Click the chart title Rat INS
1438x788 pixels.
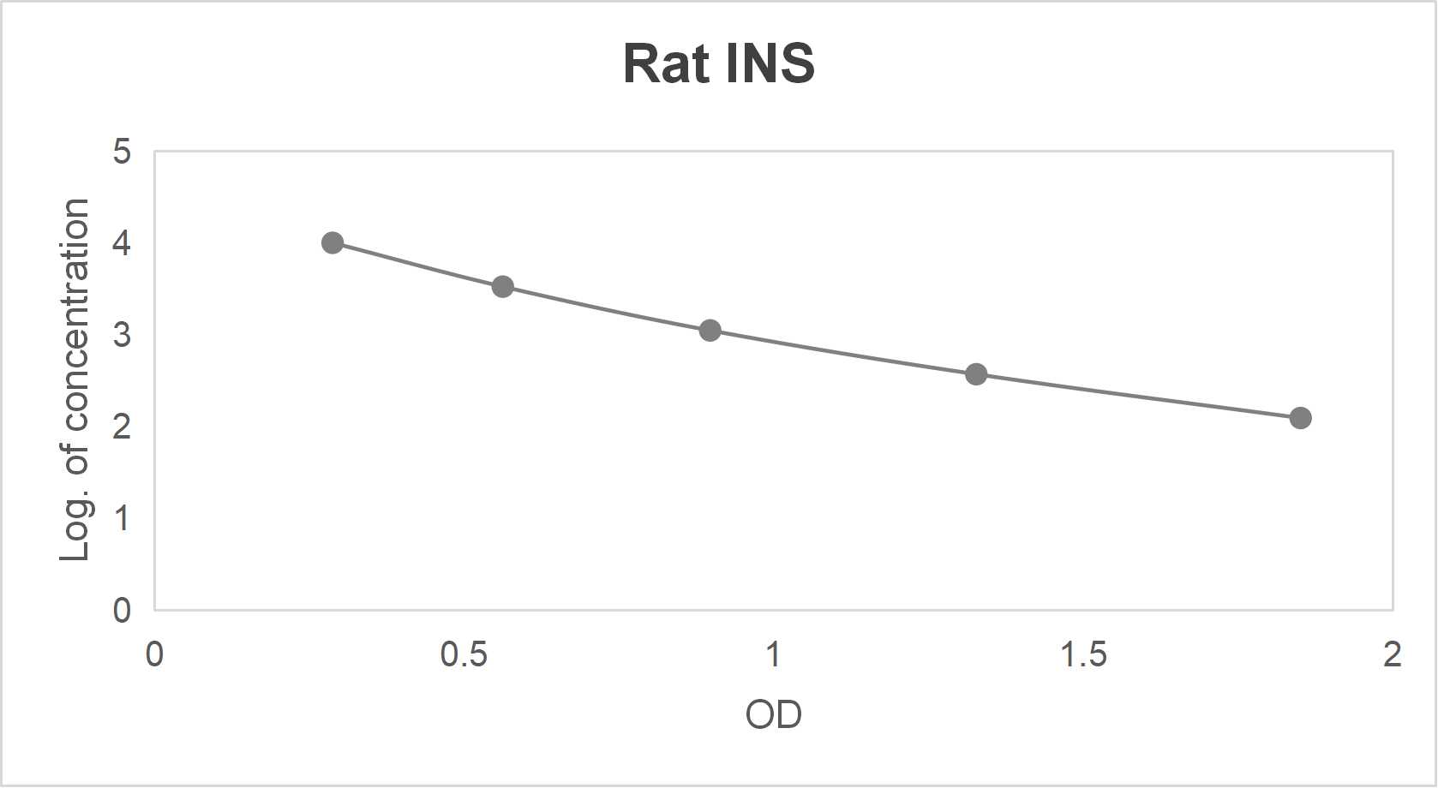(718, 63)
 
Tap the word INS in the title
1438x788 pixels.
(770, 63)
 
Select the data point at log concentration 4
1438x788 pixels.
(333, 242)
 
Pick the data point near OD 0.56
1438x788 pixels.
(503, 286)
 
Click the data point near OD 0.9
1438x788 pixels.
(710, 330)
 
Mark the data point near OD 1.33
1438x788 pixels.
(976, 373)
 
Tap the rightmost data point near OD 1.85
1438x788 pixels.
(1300, 418)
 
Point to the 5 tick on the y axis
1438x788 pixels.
(122, 152)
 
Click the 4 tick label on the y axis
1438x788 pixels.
(122, 243)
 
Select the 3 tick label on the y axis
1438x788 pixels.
(122, 335)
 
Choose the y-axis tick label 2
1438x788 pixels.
(122, 427)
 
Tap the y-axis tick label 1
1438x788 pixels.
(122, 518)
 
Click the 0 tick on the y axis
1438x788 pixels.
(122, 610)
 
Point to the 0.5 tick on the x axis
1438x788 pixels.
(464, 655)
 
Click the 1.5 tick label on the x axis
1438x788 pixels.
(1083, 655)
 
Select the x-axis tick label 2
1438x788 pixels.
(1393, 655)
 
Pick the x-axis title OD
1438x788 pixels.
(773, 714)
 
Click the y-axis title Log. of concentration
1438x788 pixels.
(75, 380)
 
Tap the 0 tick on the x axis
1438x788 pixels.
(154, 655)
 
